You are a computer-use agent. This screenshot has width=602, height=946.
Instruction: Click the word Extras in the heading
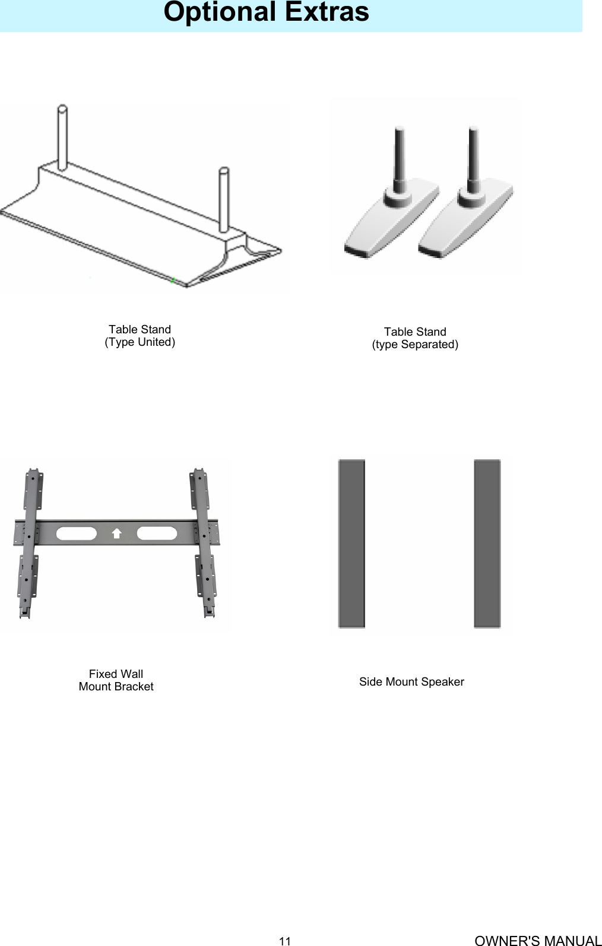327,12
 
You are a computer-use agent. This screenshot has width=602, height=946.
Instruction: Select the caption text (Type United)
140,342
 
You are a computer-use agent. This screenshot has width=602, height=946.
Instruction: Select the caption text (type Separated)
415,345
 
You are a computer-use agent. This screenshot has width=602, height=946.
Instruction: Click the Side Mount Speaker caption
411,682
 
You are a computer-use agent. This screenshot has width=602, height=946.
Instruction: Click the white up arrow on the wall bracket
116,533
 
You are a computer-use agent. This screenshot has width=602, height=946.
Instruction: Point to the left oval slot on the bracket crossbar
75,533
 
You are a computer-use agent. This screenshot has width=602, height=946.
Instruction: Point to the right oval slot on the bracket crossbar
157,533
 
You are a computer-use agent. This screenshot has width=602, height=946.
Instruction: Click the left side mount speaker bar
351,543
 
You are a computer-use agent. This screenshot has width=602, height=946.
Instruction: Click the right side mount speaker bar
487,543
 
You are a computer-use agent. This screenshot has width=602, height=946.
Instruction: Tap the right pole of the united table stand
224,199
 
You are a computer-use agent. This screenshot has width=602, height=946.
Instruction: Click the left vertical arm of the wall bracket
29,543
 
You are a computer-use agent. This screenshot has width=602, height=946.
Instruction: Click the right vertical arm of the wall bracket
203,543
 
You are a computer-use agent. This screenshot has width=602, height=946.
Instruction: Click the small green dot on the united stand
172,281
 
